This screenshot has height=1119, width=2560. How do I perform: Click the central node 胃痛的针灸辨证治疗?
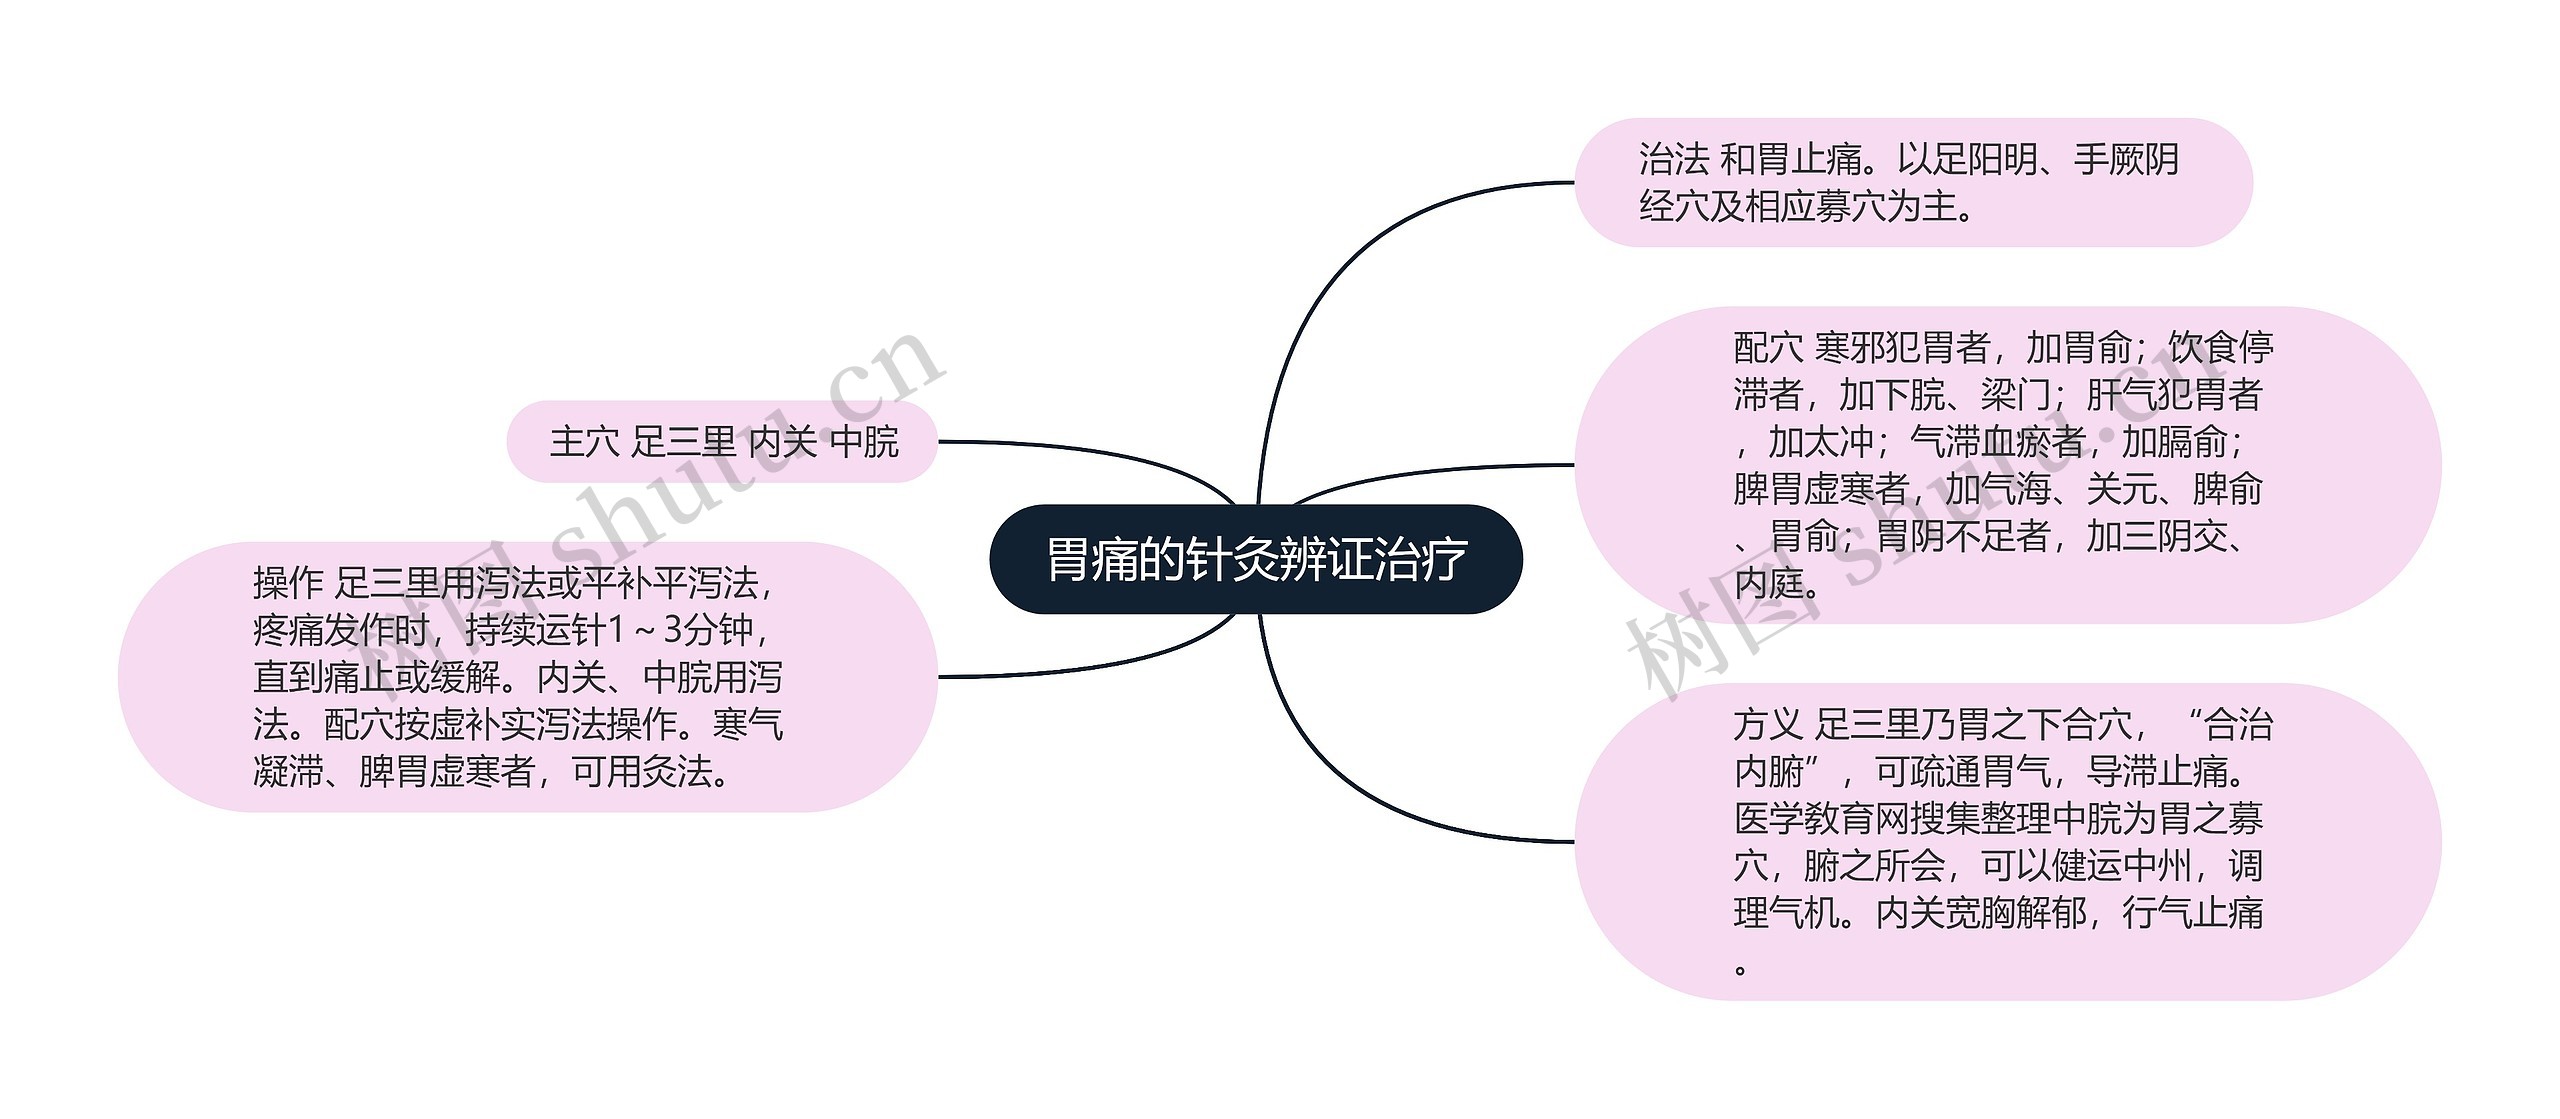[x=1255, y=559]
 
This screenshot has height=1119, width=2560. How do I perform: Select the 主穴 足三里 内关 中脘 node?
[x=722, y=442]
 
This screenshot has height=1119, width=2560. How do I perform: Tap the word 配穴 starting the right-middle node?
[x=1768, y=348]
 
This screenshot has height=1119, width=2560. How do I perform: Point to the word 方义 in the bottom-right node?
[x=1768, y=725]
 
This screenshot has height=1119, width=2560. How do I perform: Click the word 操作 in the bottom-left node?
[x=288, y=583]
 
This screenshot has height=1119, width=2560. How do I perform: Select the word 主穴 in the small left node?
[x=584, y=442]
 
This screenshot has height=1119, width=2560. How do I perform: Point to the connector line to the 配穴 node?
[x=1430, y=470]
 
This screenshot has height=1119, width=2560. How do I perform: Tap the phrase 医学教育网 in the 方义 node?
[x=1821, y=819]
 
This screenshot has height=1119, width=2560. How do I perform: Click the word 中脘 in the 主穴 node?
[x=865, y=442]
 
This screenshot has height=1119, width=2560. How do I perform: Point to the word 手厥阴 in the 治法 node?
[x=2126, y=160]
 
